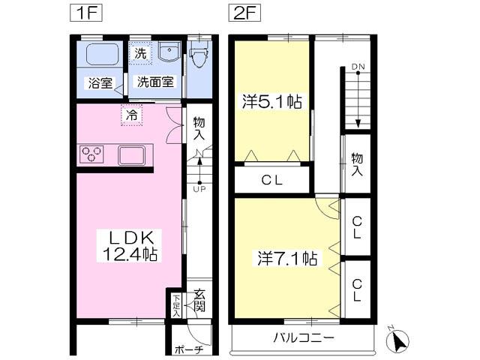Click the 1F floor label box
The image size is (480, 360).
coord(85,13)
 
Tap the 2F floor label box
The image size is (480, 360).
coord(244,13)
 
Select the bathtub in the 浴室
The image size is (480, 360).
coord(102,54)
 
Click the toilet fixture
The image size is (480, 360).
coord(199,55)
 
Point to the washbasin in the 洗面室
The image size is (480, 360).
coord(169,52)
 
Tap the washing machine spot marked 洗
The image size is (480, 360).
coord(140,53)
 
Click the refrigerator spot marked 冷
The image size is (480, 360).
coord(132,115)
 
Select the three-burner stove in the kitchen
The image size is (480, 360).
coord(91,154)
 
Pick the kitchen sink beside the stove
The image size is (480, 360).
coord(132,155)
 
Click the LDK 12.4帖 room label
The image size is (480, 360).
coord(129,245)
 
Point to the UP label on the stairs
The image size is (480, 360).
coord(199,190)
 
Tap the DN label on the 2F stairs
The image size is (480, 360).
coord(358,67)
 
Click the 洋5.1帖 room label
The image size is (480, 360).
coord(271,102)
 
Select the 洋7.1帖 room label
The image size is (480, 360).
coord(287,258)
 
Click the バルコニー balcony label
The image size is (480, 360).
coord(303,338)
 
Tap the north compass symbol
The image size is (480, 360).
coord(397,340)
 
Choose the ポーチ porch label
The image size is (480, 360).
coord(189,349)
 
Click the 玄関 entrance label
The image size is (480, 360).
coord(199,300)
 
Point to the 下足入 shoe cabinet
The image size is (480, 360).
coord(176,306)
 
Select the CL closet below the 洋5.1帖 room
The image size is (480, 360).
coord(271,180)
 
